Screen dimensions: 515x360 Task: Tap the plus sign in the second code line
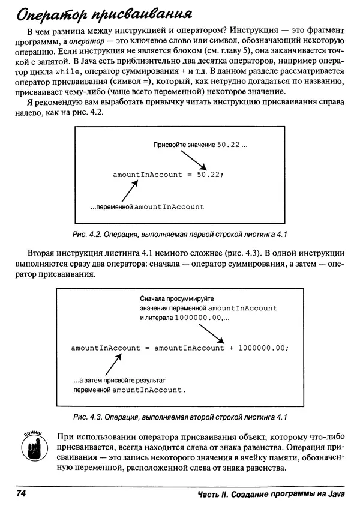(230, 348)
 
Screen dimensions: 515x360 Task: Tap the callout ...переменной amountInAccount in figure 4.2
(148, 207)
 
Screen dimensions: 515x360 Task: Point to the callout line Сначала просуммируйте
(176, 298)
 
